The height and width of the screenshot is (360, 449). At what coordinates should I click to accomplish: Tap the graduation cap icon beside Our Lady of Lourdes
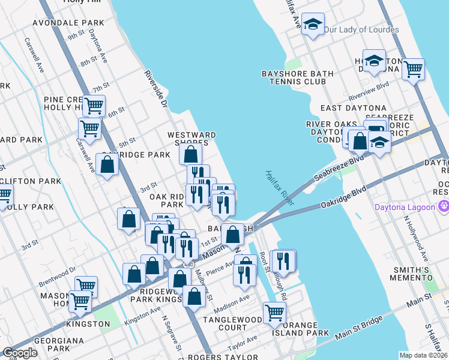[312, 25]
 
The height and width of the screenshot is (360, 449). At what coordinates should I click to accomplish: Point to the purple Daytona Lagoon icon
[444, 207]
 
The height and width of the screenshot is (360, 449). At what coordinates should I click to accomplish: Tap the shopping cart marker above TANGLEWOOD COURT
[274, 312]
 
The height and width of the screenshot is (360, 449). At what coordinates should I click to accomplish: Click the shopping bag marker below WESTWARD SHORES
[190, 154]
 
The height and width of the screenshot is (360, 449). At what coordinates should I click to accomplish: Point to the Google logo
[20, 353]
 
